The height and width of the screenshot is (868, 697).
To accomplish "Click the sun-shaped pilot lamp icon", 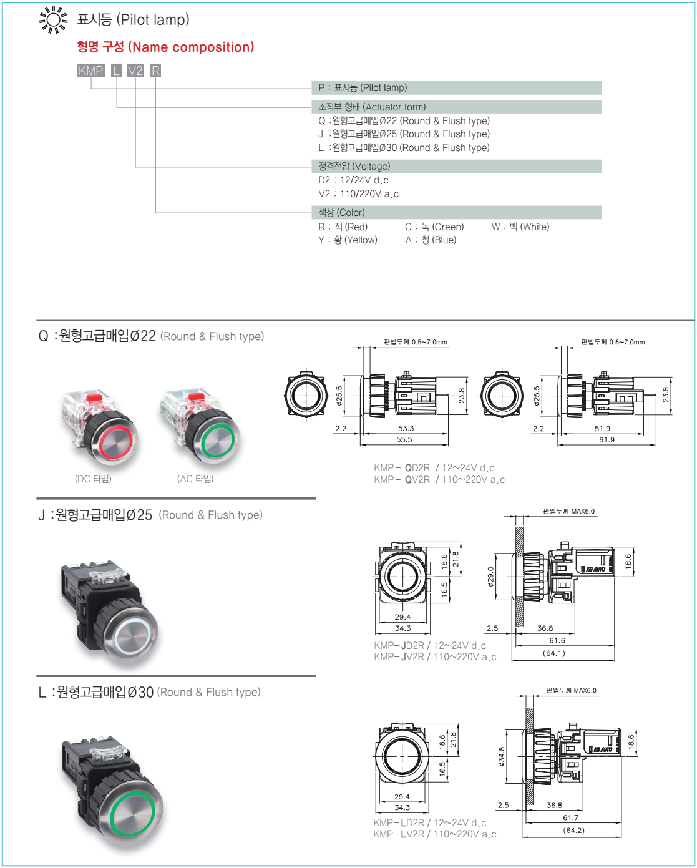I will [53, 19].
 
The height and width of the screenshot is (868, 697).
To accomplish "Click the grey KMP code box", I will [90, 71].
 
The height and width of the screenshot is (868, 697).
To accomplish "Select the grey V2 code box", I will [135, 71].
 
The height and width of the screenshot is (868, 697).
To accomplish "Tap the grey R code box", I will [155, 71].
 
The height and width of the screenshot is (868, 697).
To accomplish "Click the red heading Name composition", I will [165, 47].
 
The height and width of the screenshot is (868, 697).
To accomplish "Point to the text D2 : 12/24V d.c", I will [353, 180].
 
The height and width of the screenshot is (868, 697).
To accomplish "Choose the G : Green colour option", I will [434, 227].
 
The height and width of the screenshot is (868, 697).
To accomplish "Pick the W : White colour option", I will [520, 227].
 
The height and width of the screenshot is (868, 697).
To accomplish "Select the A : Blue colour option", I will [431, 240].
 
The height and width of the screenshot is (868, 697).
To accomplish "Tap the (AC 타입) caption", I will [195, 479].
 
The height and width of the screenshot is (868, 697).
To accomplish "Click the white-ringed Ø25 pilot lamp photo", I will [109, 608].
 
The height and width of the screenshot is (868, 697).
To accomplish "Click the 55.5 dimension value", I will [404, 440].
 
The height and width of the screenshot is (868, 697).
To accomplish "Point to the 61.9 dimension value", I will [607, 440].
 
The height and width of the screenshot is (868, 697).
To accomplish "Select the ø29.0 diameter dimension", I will [490, 577].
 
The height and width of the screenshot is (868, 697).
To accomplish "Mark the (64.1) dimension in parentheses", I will [554, 653].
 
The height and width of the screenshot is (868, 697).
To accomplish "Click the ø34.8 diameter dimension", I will [502, 756].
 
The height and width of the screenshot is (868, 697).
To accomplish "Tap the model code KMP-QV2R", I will [402, 480].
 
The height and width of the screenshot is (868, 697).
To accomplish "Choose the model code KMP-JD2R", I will [399, 646].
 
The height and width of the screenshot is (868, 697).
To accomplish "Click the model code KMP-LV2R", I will [399, 834].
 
